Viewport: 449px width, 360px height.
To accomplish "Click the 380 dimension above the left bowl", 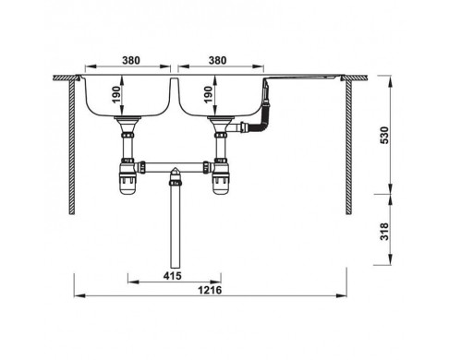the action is tap(131, 60).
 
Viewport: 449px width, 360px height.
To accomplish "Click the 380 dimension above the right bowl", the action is tap(218, 60).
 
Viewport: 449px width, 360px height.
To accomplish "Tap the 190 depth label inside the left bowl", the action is tap(116, 95).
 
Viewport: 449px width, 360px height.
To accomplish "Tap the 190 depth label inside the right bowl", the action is tap(209, 95).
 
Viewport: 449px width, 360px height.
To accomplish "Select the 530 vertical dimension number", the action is tap(385, 135).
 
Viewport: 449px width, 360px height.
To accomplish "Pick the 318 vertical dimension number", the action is tap(385, 232).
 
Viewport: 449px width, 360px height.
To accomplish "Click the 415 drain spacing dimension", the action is tap(173, 276).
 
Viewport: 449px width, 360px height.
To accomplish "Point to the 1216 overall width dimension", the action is tap(210, 290).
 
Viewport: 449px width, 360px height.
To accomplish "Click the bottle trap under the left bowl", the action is tap(127, 178).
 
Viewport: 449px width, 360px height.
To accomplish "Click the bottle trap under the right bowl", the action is tap(221, 178).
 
